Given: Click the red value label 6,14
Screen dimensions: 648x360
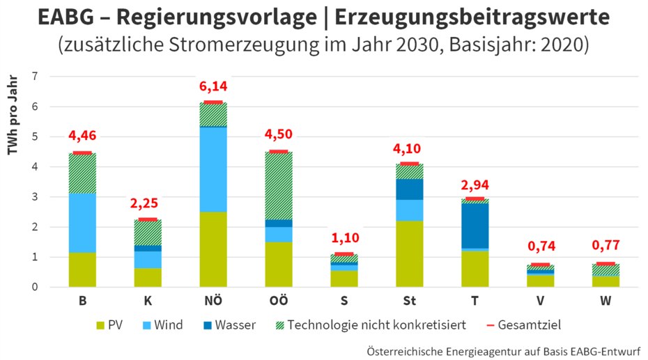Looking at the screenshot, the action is pyautogui.click(x=213, y=86).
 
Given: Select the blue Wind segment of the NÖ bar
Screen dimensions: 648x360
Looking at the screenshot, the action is pyautogui.click(x=213, y=170).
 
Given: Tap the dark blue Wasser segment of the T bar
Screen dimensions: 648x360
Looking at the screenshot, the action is pyautogui.click(x=475, y=226).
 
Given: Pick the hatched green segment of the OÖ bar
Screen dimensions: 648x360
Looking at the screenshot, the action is pyautogui.click(x=279, y=186).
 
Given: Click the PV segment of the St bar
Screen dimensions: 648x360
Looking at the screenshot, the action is pyautogui.click(x=410, y=254).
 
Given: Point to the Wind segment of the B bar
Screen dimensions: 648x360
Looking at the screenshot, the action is pyautogui.click(x=83, y=223).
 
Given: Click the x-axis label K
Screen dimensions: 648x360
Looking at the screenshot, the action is pyautogui.click(x=148, y=301).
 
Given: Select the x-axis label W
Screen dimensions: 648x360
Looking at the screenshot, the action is pyautogui.click(x=605, y=301).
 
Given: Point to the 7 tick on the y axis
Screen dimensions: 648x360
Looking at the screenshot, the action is pyautogui.click(x=35, y=76).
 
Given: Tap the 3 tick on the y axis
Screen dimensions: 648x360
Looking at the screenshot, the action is pyautogui.click(x=35, y=196).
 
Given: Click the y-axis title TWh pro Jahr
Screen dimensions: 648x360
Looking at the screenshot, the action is pyautogui.click(x=13, y=115).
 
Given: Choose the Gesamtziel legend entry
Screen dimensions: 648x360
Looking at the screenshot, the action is pyautogui.click(x=524, y=325).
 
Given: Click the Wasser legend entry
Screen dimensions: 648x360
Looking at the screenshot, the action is pyautogui.click(x=229, y=325).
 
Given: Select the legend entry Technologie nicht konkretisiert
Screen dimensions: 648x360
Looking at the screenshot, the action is pyautogui.click(x=371, y=325).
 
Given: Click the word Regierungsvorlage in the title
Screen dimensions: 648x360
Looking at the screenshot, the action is pyautogui.click(x=217, y=17).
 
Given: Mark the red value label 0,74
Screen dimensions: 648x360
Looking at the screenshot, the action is pyautogui.click(x=541, y=246).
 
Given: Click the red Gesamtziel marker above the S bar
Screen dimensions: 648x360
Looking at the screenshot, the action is pyautogui.click(x=344, y=254).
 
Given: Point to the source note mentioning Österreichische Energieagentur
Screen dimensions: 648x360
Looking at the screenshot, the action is pyautogui.click(x=503, y=352).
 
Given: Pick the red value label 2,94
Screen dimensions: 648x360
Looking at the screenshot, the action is pyautogui.click(x=475, y=185).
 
